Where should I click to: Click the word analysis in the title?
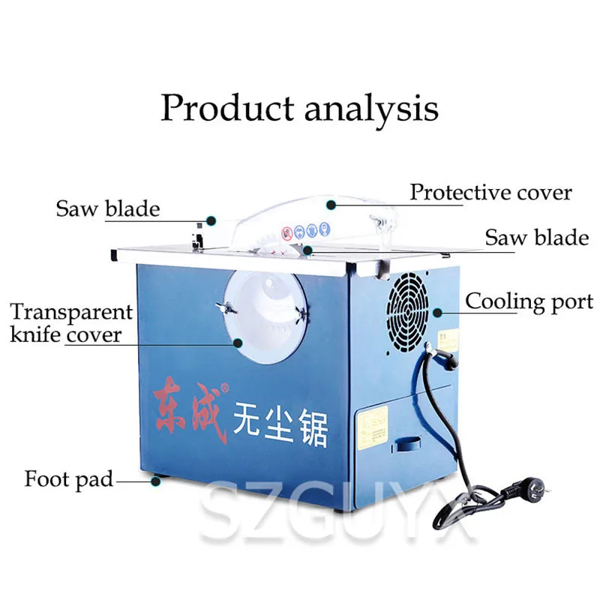coord(371,107)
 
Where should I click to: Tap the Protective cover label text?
coord(490,192)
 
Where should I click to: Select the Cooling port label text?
coord(529,301)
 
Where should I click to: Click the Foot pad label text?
coord(68,478)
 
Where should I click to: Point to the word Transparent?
coord(71,312)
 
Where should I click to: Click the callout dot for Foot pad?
coord(156,481)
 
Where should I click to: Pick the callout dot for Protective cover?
coord(330,203)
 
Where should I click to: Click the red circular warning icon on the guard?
coord(286,234)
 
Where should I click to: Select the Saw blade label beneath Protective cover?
coord(536,238)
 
